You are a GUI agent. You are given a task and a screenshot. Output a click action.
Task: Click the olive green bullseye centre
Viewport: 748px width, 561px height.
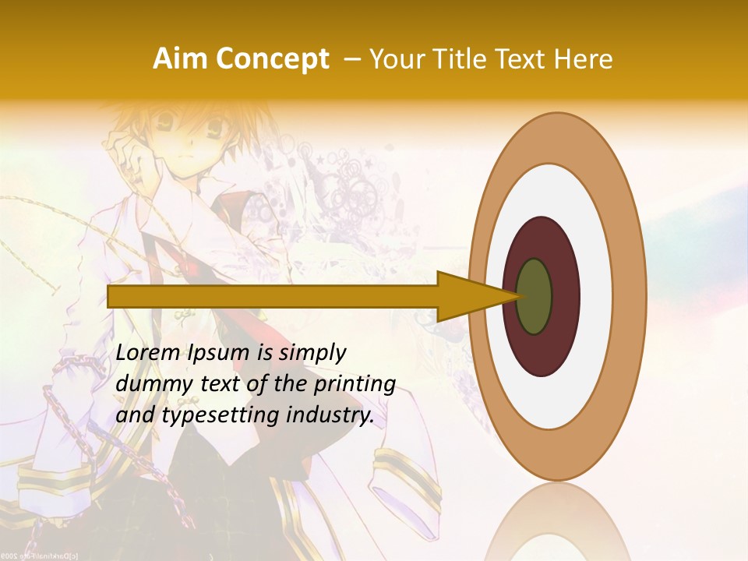click(535, 296)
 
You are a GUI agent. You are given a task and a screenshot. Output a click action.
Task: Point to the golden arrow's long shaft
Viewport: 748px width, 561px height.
click(273, 297)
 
